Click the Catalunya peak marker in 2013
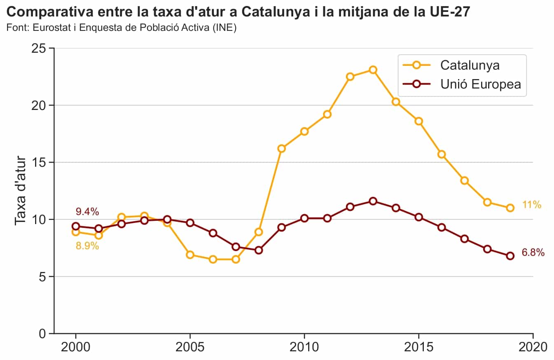click(x=373, y=70)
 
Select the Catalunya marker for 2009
click(x=281, y=148)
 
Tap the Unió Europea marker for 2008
click(x=259, y=250)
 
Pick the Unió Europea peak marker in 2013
click(x=373, y=201)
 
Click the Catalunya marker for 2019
click(x=510, y=208)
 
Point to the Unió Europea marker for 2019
click(x=510, y=256)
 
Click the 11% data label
click(x=531, y=205)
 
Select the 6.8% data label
click(x=533, y=253)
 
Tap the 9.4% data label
click(x=87, y=212)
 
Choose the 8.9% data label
click(x=87, y=246)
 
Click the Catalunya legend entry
click(x=470, y=65)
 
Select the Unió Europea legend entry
click(x=480, y=84)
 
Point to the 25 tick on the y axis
click(x=38, y=48)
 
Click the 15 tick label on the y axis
click(x=38, y=162)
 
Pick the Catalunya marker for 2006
click(x=213, y=259)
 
